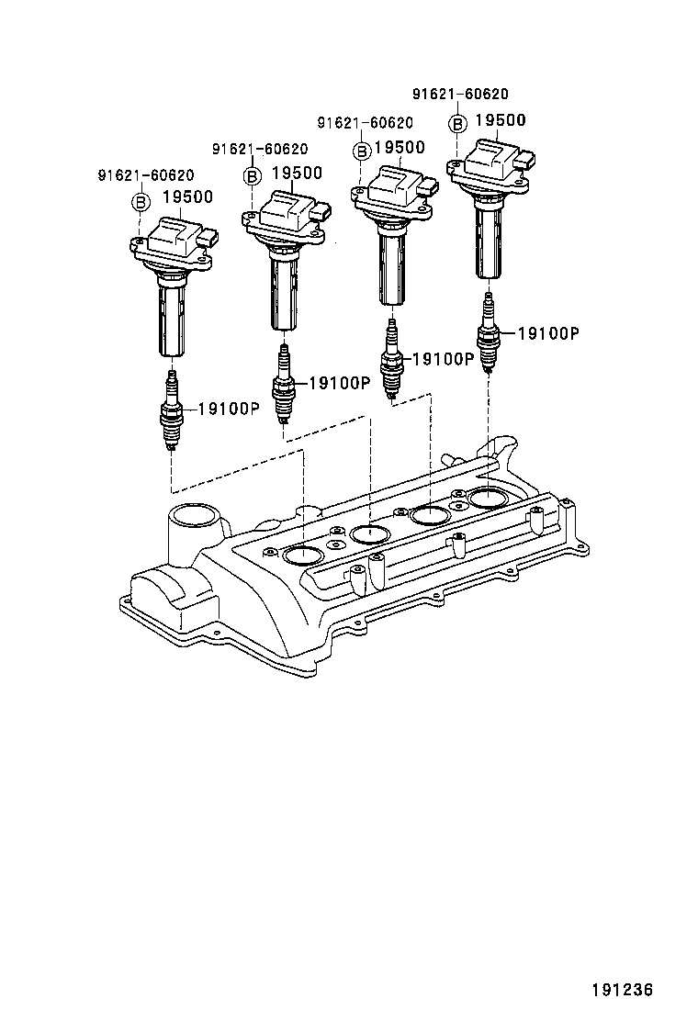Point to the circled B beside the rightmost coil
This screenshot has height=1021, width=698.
[456, 122]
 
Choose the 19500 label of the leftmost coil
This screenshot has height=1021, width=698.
[187, 196]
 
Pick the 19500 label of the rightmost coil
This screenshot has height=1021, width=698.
[500, 120]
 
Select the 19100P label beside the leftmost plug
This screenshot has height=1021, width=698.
[229, 409]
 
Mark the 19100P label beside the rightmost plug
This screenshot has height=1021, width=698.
[547, 334]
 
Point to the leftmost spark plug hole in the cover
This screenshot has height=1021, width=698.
[303, 554]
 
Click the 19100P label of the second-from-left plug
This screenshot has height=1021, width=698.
[338, 383]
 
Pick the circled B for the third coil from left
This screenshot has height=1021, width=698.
[362, 150]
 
